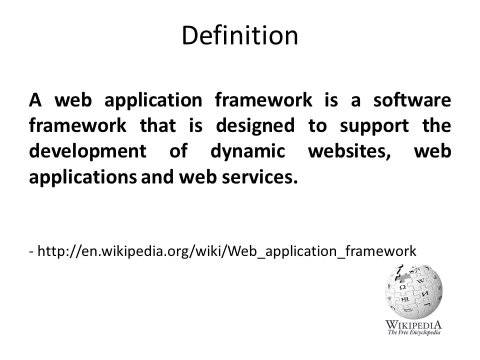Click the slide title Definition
pyautogui.click(x=239, y=35)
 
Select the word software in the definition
pyautogui.click(x=412, y=100)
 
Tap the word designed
pyautogui.click(x=255, y=126)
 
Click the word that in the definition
pyautogui.click(x=158, y=126)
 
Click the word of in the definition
pyautogui.click(x=178, y=151)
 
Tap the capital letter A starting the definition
pyautogui.click(x=35, y=100)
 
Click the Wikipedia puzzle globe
pyautogui.click(x=413, y=292)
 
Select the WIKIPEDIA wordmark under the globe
pyautogui.click(x=413, y=324)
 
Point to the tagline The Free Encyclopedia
pyautogui.click(x=414, y=332)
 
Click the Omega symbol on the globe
pyautogui.click(x=403, y=287)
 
